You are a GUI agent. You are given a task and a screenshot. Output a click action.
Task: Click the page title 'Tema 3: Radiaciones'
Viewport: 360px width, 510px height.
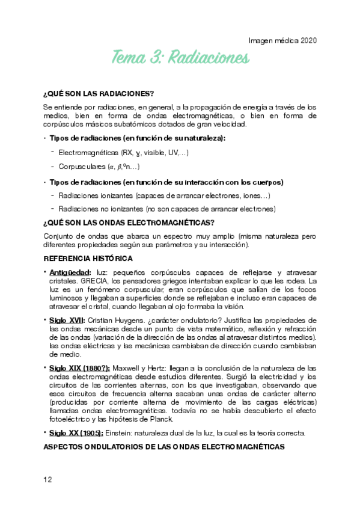tap(180, 58)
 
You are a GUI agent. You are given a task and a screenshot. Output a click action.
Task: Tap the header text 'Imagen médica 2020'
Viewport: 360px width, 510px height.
tap(282, 41)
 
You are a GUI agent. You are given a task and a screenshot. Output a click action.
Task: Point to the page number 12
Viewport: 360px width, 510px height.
tap(48, 479)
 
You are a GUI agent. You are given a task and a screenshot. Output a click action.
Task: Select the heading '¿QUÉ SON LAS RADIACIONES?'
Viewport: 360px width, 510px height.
tap(99, 93)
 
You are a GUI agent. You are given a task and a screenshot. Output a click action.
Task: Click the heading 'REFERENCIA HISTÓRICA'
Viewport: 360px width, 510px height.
tap(88, 259)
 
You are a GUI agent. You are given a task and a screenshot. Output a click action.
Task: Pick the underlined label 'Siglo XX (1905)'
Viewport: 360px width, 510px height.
tap(76, 433)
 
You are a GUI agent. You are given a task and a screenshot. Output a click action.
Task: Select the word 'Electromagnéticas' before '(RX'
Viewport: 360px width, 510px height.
tap(88, 153)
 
